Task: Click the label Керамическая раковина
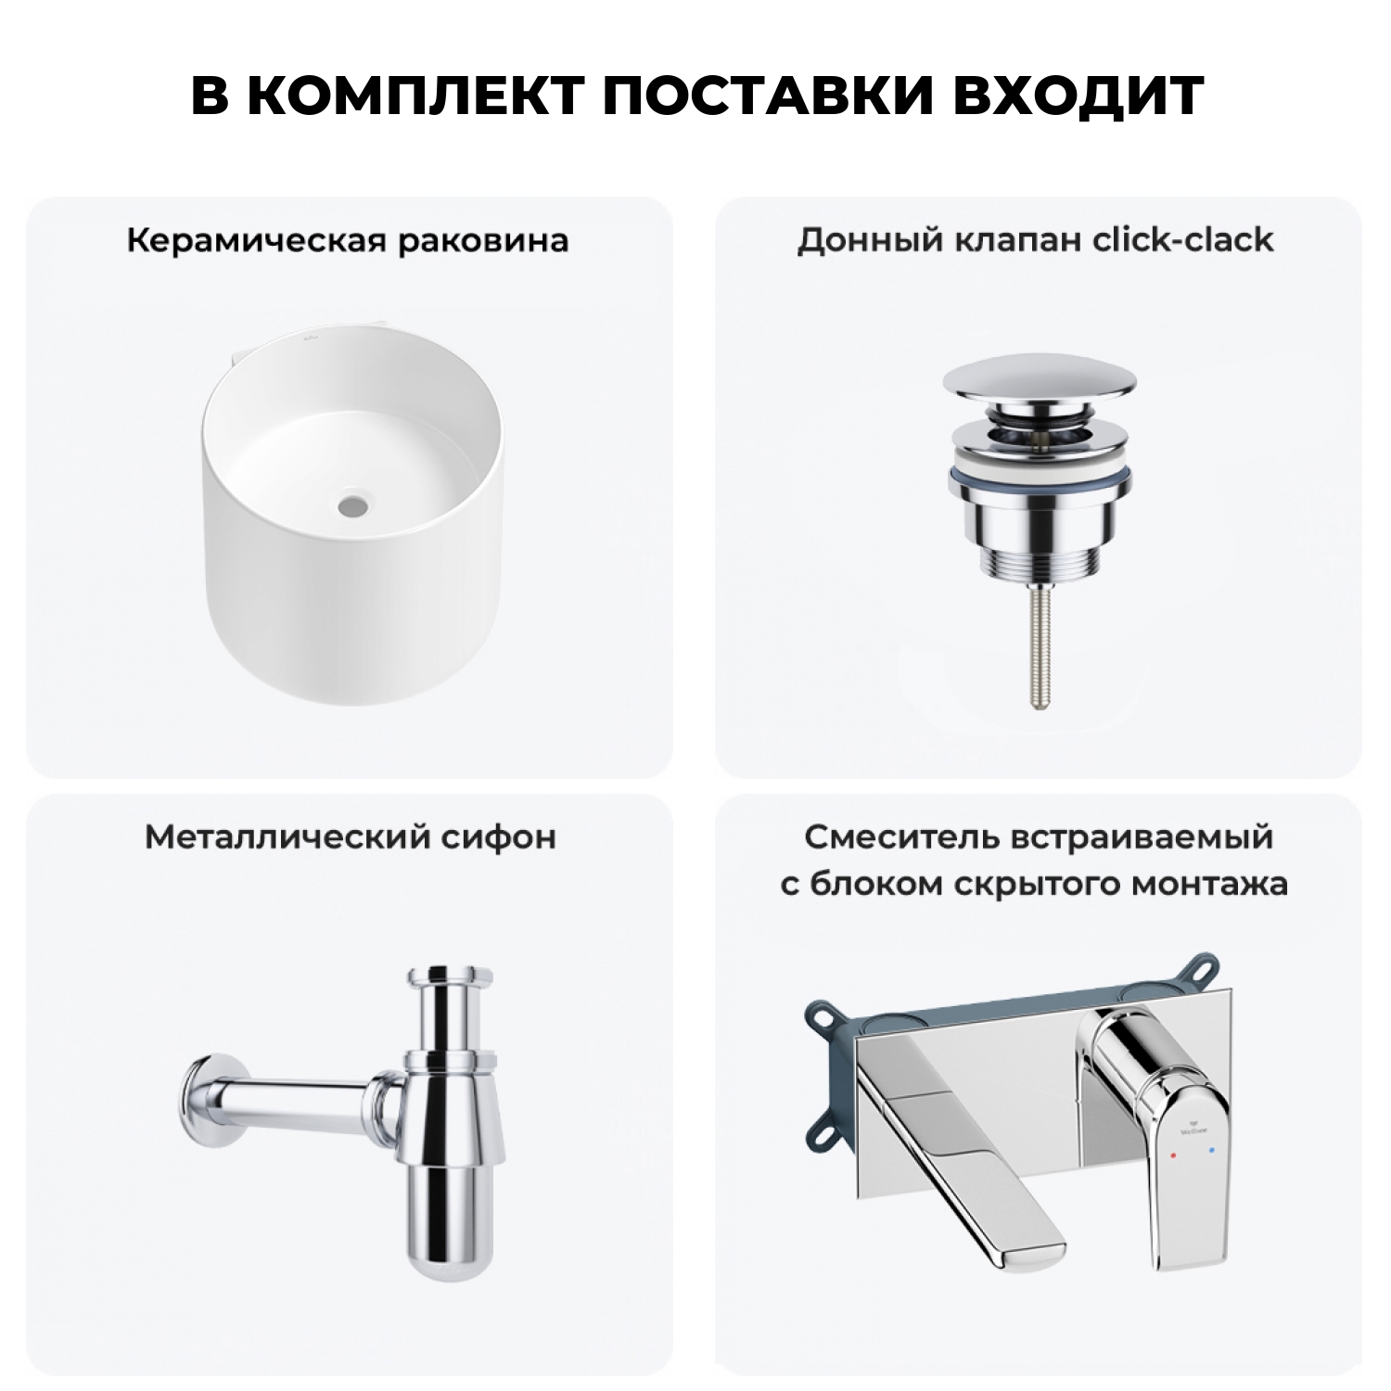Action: point(348,241)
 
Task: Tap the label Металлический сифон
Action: point(350,837)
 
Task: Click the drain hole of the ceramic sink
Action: point(351,507)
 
